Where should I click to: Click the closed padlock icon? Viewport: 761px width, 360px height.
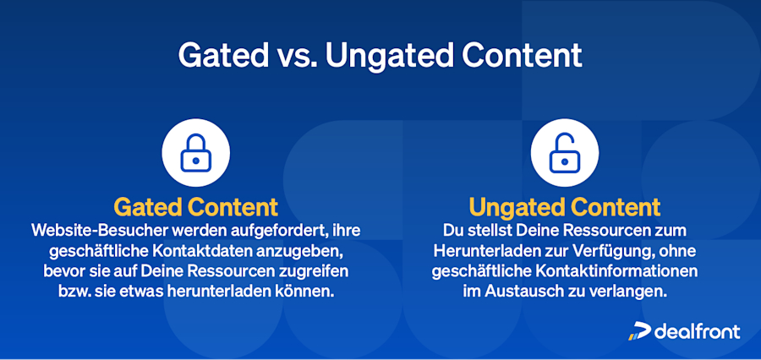coord(196,152)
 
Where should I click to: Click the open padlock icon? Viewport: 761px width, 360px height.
coord(564,152)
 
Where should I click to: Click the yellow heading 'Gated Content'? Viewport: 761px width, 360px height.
coord(196,206)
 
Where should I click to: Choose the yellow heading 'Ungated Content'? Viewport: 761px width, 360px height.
coord(564,206)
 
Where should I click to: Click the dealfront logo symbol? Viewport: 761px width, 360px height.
coord(638,331)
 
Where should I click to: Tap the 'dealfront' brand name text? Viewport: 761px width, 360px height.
coord(698,331)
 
